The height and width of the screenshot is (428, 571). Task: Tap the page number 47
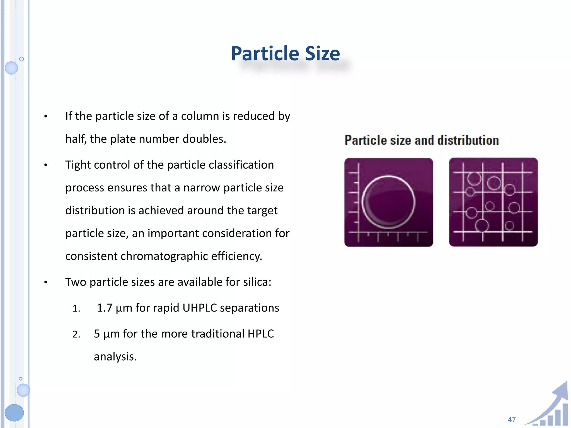(x=512, y=419)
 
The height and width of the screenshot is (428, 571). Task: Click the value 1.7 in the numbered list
(x=104, y=308)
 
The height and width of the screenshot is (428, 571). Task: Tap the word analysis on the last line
(x=115, y=357)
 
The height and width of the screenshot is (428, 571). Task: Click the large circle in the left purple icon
(x=388, y=202)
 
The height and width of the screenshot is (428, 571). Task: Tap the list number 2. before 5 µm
(x=76, y=334)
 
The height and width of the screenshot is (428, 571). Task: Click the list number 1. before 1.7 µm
(x=76, y=308)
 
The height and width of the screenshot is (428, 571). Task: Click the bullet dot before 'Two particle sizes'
(x=46, y=283)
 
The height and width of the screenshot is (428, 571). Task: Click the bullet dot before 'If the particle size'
(x=46, y=116)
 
